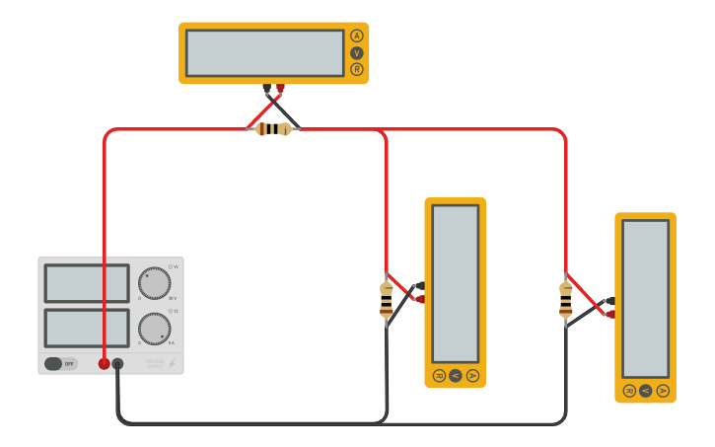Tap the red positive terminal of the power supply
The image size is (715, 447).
[104, 364]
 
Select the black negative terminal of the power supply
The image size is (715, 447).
[117, 364]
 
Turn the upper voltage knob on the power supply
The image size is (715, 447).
[154, 283]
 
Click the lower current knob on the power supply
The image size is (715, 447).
[154, 329]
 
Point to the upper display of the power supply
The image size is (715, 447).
[87, 283]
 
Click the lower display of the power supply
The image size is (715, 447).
[87, 329]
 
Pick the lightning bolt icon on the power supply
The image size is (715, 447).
[172, 364]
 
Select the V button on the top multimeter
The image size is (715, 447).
[356, 52]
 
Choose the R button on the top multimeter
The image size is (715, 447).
[356, 69]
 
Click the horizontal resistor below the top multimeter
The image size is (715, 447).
[273, 129]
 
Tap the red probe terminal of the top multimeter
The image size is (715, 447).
[280, 89]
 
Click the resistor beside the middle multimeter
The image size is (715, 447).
[387, 300]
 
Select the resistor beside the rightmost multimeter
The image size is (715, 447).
[565, 300]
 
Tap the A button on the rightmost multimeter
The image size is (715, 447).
[663, 391]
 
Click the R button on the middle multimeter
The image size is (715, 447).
[439, 375]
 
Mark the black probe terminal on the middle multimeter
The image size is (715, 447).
[419, 285]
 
